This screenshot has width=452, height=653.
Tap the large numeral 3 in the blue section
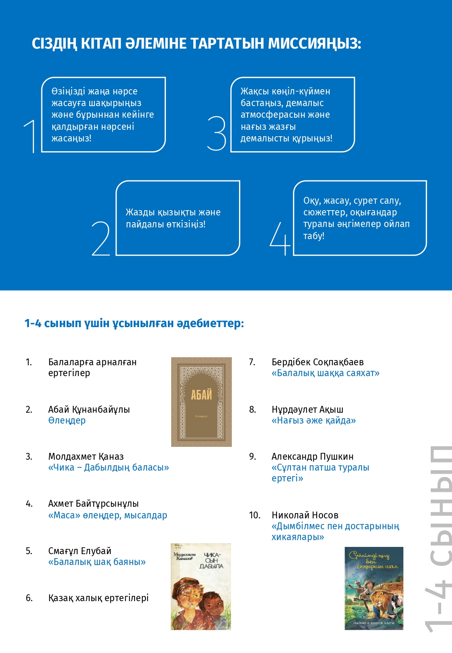pos(217,133)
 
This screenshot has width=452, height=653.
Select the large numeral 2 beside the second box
pos(101,238)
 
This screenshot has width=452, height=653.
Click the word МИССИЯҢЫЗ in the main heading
pos(314,43)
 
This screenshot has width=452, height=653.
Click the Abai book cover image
pos(201,402)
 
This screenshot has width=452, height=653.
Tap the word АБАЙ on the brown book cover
pos(201,395)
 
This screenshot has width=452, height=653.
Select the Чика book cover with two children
pos(201,587)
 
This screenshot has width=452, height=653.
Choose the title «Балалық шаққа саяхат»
pos(325,373)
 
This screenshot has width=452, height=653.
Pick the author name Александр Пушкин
pos(312,456)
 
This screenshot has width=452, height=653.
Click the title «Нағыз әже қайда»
pos(313,420)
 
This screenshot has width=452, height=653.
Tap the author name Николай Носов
pos(305,515)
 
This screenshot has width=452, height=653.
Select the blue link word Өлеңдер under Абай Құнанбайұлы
pos(67,420)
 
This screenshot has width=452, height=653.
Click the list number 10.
pos(255,515)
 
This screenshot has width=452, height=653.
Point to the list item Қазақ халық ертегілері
pos(98,598)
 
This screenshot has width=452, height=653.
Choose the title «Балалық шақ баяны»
pos(97,562)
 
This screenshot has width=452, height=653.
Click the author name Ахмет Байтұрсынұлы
pos(93,504)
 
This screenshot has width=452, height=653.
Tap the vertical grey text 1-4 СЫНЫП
pos(439,538)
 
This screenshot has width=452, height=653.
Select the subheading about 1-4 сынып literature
pos(134,323)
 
